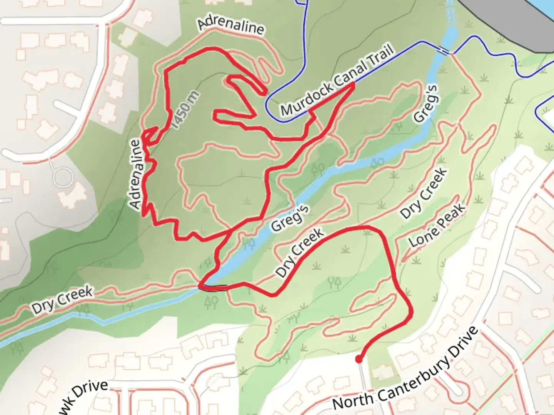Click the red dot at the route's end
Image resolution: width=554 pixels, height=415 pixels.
(x=359, y=360)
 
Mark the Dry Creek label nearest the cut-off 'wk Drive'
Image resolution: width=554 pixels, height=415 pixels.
(x=62, y=300)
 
